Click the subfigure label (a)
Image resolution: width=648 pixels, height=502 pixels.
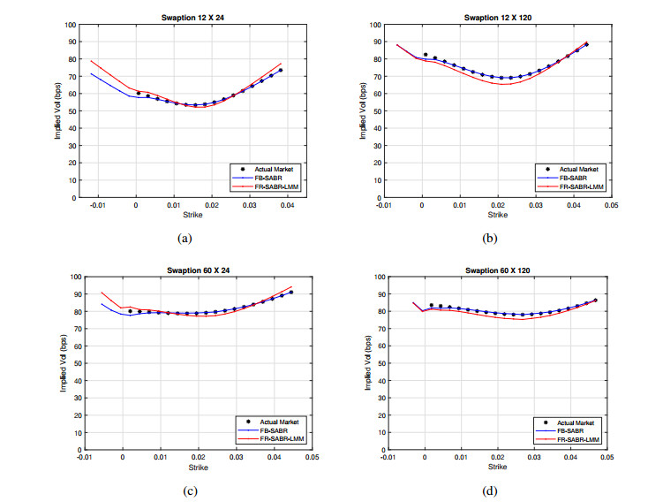185,237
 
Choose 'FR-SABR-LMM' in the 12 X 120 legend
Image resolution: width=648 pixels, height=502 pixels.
579,186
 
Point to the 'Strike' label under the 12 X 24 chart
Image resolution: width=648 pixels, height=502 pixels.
192,215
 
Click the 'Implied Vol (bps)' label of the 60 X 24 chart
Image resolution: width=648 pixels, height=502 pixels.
64,363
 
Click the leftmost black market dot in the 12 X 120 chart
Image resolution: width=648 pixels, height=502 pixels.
425,55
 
